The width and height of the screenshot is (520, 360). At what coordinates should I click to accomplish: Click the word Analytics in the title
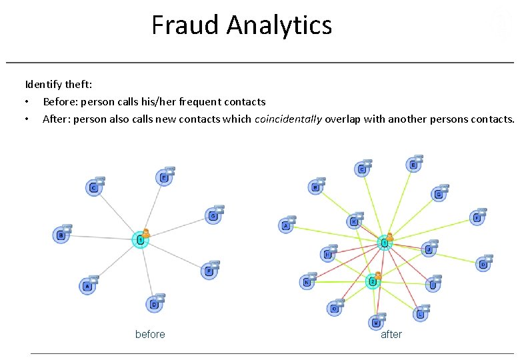279,25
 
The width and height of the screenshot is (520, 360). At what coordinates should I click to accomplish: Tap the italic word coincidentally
288,119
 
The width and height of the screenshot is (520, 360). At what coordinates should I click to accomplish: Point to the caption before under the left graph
150,334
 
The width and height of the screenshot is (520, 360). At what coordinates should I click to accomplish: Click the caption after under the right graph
391,334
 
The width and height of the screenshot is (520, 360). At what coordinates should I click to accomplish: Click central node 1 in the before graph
140,239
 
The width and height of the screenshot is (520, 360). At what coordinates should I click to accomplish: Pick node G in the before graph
213,216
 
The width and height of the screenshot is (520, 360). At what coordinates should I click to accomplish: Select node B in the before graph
61,235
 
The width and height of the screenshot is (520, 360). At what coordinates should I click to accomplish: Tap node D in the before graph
154,305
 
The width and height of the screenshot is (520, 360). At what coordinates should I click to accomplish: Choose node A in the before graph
87,287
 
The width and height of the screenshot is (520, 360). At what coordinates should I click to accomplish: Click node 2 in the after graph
373,282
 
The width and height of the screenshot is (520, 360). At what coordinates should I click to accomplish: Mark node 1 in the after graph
384,243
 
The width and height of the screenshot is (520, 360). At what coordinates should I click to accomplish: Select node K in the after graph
354,221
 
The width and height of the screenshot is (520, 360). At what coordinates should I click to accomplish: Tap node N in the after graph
307,282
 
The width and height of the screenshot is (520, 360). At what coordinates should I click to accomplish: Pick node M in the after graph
377,323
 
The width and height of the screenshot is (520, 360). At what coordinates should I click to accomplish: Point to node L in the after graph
420,313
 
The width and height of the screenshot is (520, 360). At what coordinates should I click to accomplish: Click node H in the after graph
327,254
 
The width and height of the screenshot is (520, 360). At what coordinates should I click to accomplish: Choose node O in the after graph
334,309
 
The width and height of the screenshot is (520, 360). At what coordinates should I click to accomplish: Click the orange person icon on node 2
378,275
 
